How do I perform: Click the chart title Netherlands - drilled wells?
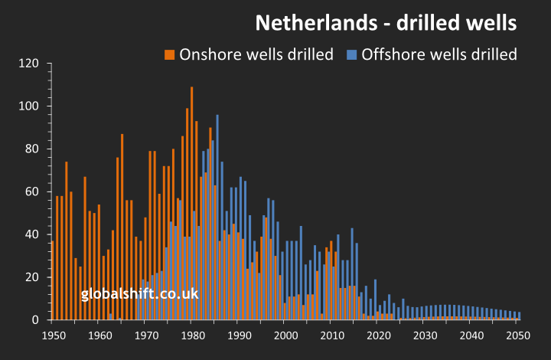pyautogui.click(x=386, y=22)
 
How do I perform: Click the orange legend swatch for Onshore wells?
pyautogui.click(x=170, y=54)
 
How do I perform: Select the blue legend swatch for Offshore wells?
pyautogui.click(x=352, y=54)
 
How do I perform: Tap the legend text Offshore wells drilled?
pyautogui.click(x=439, y=54)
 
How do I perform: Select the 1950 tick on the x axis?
pyautogui.click(x=53, y=335)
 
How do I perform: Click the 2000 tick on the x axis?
pyautogui.click(x=285, y=335)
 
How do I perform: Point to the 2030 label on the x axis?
pyautogui.click(x=425, y=335)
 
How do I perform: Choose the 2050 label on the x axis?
pyautogui.click(x=517, y=335)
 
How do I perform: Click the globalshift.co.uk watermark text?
pyautogui.click(x=140, y=293)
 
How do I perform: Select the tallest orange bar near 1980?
pyautogui.click(x=191, y=203)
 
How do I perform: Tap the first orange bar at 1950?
pyautogui.click(x=52, y=280)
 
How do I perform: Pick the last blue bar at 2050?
pyautogui.click(x=520, y=316)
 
